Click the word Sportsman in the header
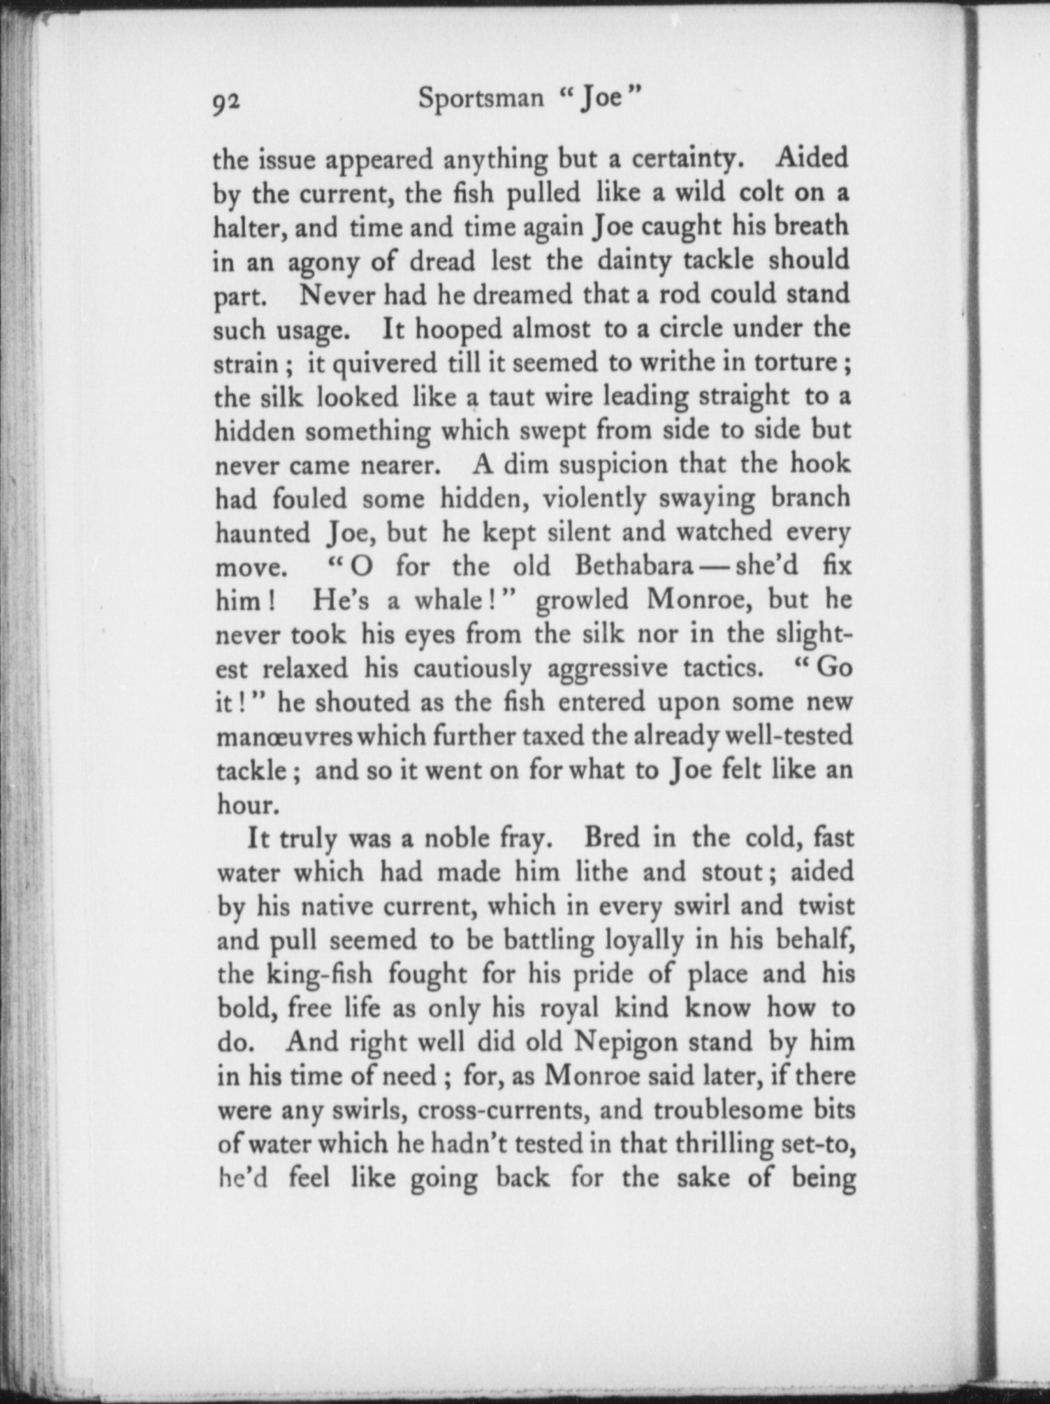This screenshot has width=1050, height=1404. [481, 99]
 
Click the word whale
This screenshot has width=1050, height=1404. [448, 601]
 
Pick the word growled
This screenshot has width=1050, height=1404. [585, 600]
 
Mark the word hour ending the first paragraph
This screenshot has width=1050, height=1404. [243, 805]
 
